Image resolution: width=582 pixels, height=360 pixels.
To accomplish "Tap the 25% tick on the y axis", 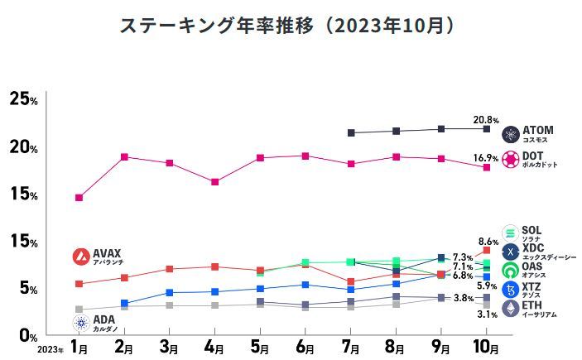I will click(22, 100).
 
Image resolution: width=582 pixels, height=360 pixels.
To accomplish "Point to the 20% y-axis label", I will click(22, 147).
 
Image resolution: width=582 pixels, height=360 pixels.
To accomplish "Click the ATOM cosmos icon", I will click(510, 134).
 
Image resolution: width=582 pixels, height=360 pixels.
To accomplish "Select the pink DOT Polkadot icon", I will click(510, 157).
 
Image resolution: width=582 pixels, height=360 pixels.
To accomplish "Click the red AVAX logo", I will click(81, 257).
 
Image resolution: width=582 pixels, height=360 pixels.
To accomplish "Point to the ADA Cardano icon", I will click(81, 321).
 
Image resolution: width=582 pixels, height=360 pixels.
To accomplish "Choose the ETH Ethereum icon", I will click(510, 309).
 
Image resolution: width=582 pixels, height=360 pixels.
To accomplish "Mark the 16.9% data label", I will click(485, 157).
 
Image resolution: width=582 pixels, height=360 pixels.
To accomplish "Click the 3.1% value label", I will click(488, 314).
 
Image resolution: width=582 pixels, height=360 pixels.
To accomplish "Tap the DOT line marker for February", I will click(124, 156).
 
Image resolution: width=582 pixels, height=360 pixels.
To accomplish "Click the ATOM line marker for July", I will click(351, 132).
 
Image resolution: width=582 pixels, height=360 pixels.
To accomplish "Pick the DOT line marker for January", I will click(79, 197).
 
